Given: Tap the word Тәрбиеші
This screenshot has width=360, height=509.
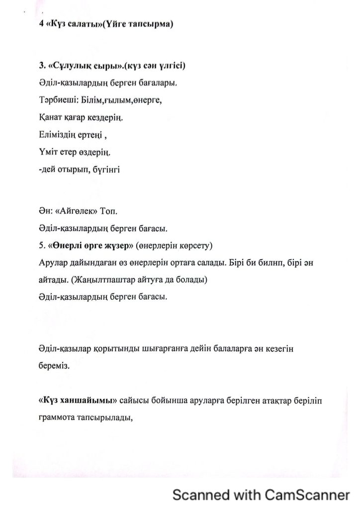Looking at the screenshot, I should [54, 100].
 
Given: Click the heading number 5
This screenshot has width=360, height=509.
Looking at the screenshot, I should [40, 246].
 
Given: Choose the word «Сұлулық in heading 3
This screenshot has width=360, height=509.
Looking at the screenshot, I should [67, 66].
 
